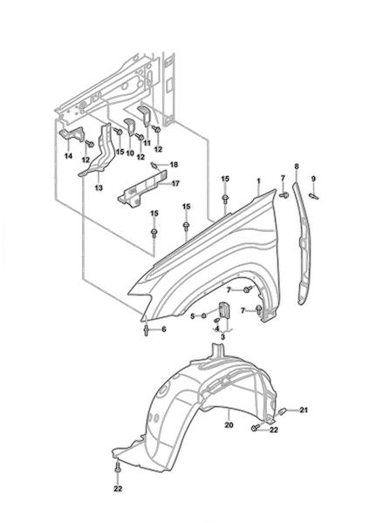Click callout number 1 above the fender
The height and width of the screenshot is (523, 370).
point(258,181)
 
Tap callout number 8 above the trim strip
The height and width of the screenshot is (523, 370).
point(297,166)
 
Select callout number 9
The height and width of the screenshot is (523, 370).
point(313,179)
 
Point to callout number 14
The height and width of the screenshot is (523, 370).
point(68,156)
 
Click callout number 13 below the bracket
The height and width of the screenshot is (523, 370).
point(99,187)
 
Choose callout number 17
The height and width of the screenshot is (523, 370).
point(175,183)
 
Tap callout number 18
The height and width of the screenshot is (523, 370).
point(174,165)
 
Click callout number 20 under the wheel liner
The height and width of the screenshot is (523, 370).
point(229,425)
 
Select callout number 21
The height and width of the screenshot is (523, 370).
point(303,410)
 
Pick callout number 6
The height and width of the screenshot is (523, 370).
point(164,329)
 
